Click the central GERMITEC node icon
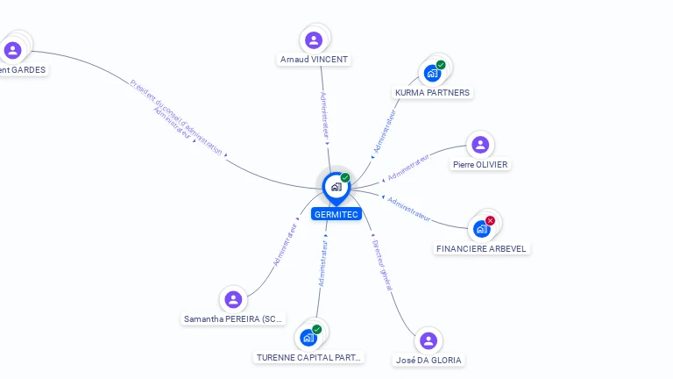[x=336, y=186]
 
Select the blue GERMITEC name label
[x=336, y=214]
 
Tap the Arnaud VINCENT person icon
[x=314, y=39]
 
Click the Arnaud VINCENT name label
[x=314, y=60]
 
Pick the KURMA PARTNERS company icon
[x=432, y=72]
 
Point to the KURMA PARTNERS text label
[x=432, y=92]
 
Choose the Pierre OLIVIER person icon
[x=479, y=145]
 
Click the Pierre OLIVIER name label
[x=479, y=164]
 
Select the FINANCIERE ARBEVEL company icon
[x=481, y=229]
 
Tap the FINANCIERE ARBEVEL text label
[x=481, y=248]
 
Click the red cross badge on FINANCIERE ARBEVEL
[x=490, y=220]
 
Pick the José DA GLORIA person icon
[x=428, y=340]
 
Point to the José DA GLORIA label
[x=428, y=360]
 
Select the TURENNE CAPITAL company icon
[x=308, y=338]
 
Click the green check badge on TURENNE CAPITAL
[x=316, y=330]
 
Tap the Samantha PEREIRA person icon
[x=233, y=299]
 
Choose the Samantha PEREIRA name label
[x=233, y=319]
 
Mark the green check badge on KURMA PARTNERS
[x=441, y=64]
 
